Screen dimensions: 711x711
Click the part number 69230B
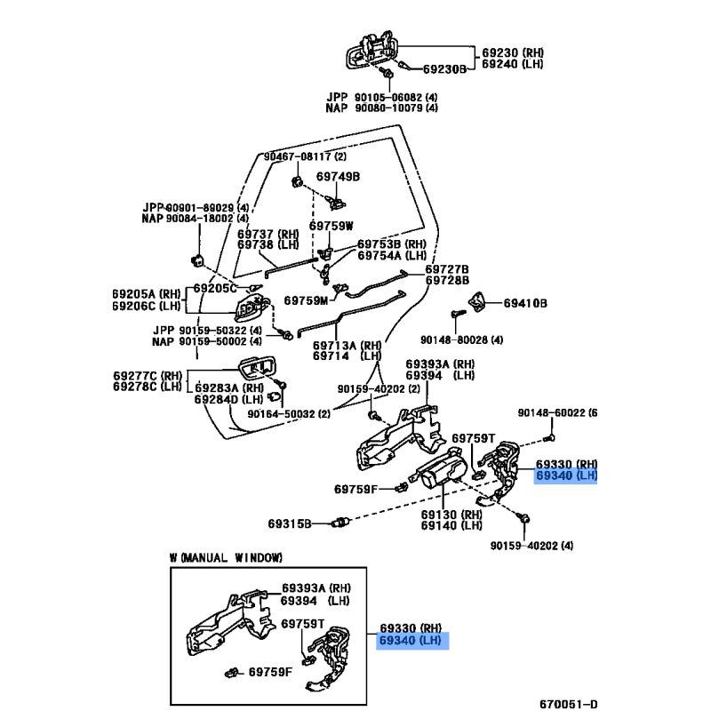(444, 69)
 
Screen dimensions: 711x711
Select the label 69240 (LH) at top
(513, 64)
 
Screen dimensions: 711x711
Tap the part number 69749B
(338, 176)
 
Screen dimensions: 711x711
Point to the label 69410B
(525, 303)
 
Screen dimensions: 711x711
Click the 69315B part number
(290, 523)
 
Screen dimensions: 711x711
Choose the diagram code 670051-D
(569, 704)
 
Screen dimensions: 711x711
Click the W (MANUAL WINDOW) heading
(226, 557)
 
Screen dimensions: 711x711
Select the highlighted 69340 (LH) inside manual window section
(411, 640)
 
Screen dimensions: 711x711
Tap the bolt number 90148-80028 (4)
(461, 340)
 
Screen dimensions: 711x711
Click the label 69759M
(306, 300)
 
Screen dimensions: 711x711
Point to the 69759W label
(331, 226)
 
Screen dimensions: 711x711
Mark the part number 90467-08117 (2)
(305, 156)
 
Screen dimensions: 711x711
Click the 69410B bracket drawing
(476, 302)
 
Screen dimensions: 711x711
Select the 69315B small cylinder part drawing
(341, 523)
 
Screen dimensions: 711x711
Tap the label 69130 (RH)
(451, 515)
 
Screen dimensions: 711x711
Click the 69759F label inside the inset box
(271, 672)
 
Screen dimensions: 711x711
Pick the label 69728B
(447, 280)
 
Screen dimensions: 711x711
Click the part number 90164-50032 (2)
(289, 413)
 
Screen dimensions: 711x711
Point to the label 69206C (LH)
(146, 306)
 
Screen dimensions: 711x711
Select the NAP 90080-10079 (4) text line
(382, 108)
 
